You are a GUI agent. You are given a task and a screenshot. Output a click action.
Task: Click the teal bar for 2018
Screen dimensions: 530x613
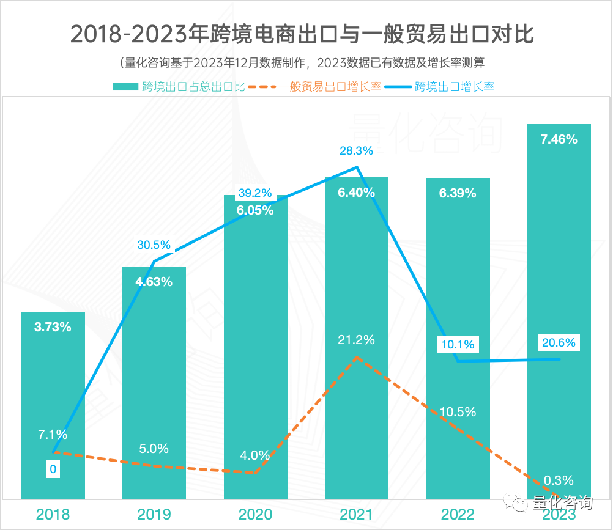(x=53, y=403)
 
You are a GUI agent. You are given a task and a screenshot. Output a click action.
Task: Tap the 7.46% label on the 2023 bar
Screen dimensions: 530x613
(x=559, y=139)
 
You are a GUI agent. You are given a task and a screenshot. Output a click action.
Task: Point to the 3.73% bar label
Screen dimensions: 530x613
(x=53, y=327)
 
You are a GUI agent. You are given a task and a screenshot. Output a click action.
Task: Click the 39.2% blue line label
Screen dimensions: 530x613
(x=255, y=193)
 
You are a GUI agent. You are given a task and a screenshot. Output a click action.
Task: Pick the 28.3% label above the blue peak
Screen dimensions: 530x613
(x=357, y=150)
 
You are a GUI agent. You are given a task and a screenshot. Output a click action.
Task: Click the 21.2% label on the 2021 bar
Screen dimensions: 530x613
(x=356, y=340)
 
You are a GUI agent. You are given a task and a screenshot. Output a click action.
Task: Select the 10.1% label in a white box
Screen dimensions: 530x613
(x=458, y=344)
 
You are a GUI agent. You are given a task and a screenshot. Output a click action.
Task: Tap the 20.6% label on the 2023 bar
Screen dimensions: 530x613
(x=559, y=343)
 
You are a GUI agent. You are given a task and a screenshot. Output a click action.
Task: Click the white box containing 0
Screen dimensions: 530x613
(x=53, y=469)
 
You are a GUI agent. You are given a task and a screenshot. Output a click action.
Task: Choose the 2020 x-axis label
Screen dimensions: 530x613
(x=255, y=514)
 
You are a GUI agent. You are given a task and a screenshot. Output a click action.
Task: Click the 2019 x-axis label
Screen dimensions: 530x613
(x=154, y=514)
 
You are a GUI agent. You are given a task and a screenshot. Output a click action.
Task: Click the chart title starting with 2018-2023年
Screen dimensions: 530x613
(x=302, y=34)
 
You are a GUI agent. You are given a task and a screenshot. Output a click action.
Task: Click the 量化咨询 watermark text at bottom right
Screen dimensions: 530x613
(x=562, y=503)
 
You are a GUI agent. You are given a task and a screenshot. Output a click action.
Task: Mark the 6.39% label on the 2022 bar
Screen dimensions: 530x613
(x=458, y=193)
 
